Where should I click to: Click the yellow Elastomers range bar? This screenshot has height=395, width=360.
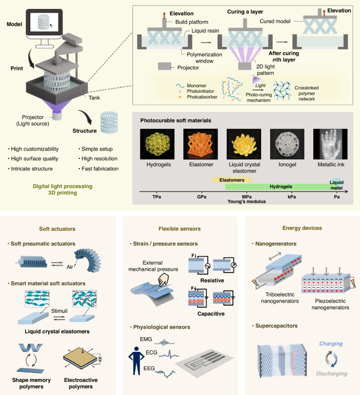pyautogui.click(x=231, y=179)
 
